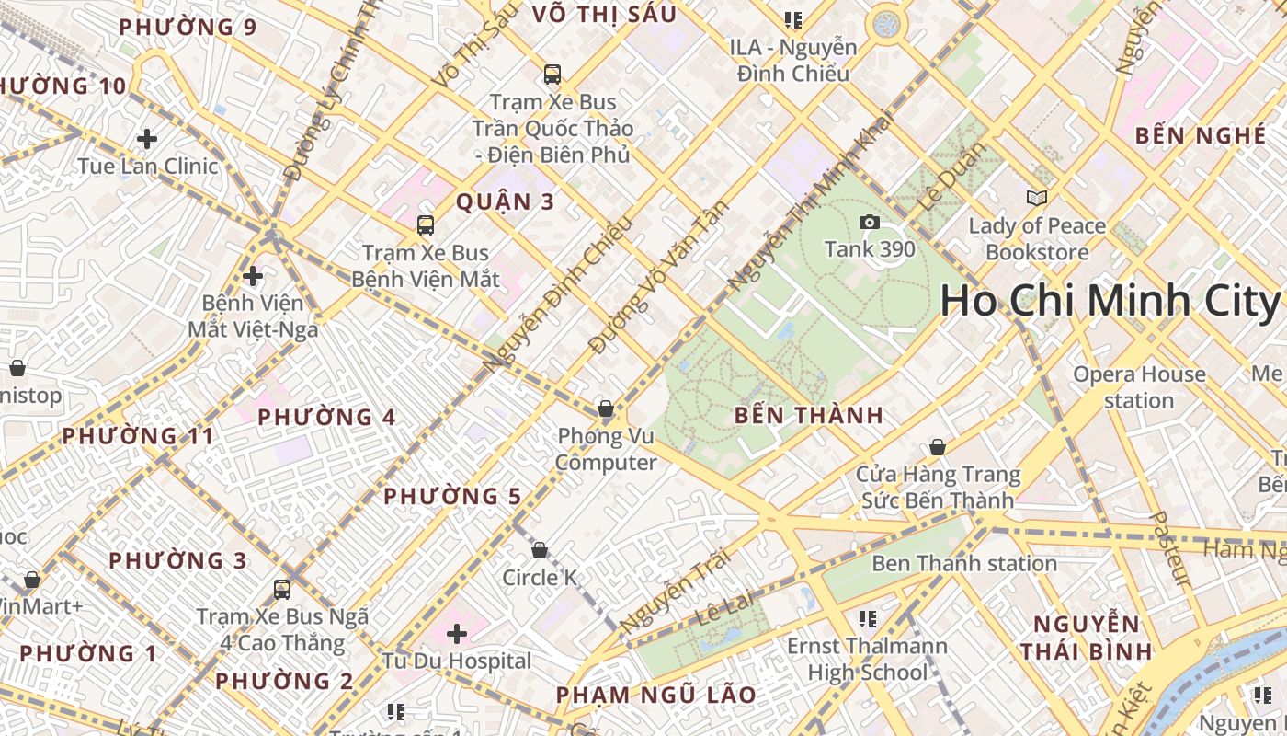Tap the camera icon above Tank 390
pos(869,222)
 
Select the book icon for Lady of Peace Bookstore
pos(1036,198)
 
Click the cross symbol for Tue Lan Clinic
pos(146,139)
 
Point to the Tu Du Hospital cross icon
pos(457,633)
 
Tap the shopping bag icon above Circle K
pos(540,550)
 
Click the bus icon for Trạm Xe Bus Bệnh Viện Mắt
pos(425,225)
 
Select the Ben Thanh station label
pos(963,563)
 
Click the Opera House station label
pos(1139,387)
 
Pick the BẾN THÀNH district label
pos(809,416)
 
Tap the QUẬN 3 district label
pos(506,202)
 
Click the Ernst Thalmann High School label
pos(868,660)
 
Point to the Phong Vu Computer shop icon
pos(605,408)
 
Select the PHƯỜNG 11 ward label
pos(138,436)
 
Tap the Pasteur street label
pos(1169,549)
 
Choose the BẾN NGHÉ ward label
pos(1200,135)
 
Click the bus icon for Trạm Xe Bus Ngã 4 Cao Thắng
pos(282,589)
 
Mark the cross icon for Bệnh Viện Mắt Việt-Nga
pos(253,275)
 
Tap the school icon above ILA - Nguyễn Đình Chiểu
pos(793,19)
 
